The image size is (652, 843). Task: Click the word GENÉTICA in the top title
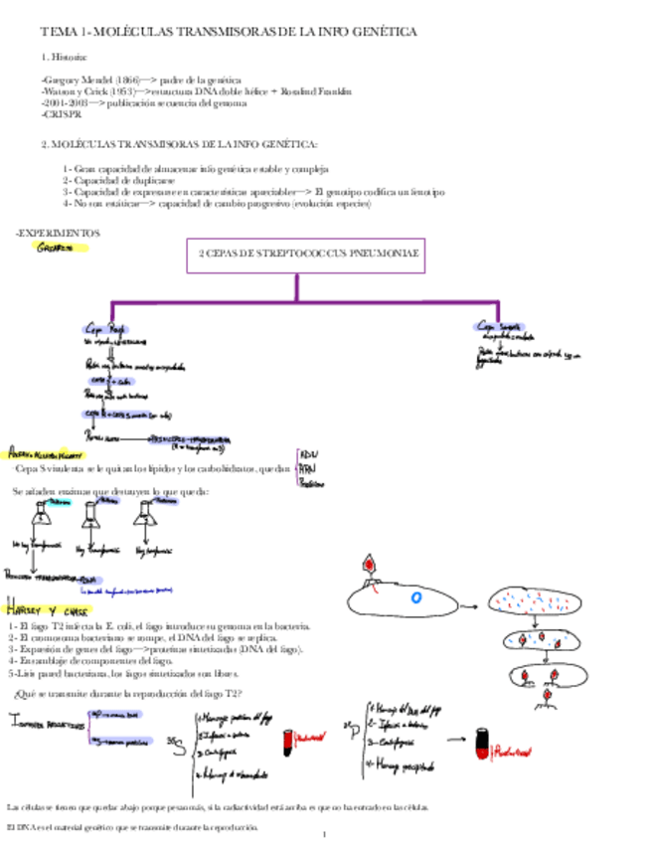(383, 33)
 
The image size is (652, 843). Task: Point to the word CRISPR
(62, 114)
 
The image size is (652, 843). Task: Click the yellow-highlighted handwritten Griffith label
(54, 248)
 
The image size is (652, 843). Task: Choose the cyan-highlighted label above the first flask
(57, 502)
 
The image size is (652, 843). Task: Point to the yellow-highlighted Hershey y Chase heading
(39, 610)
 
